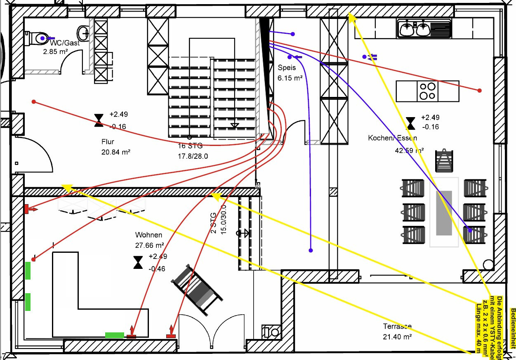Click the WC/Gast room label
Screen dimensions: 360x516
64,43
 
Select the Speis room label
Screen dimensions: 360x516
287,68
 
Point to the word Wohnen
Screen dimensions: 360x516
146,235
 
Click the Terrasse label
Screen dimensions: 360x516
397,326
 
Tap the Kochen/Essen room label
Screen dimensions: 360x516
392,138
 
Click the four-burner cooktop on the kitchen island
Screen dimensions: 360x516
427,91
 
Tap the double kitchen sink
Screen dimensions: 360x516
415,29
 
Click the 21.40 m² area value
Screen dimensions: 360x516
398,336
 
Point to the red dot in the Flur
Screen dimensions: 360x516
34,101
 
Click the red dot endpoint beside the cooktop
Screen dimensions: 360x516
480,90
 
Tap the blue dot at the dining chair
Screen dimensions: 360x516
470,230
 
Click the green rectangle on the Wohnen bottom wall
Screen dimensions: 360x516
115,335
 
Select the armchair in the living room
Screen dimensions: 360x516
197,288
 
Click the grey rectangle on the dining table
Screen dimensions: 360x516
444,213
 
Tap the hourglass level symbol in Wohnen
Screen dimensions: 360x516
138,262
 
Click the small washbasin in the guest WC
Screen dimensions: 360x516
83,31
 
